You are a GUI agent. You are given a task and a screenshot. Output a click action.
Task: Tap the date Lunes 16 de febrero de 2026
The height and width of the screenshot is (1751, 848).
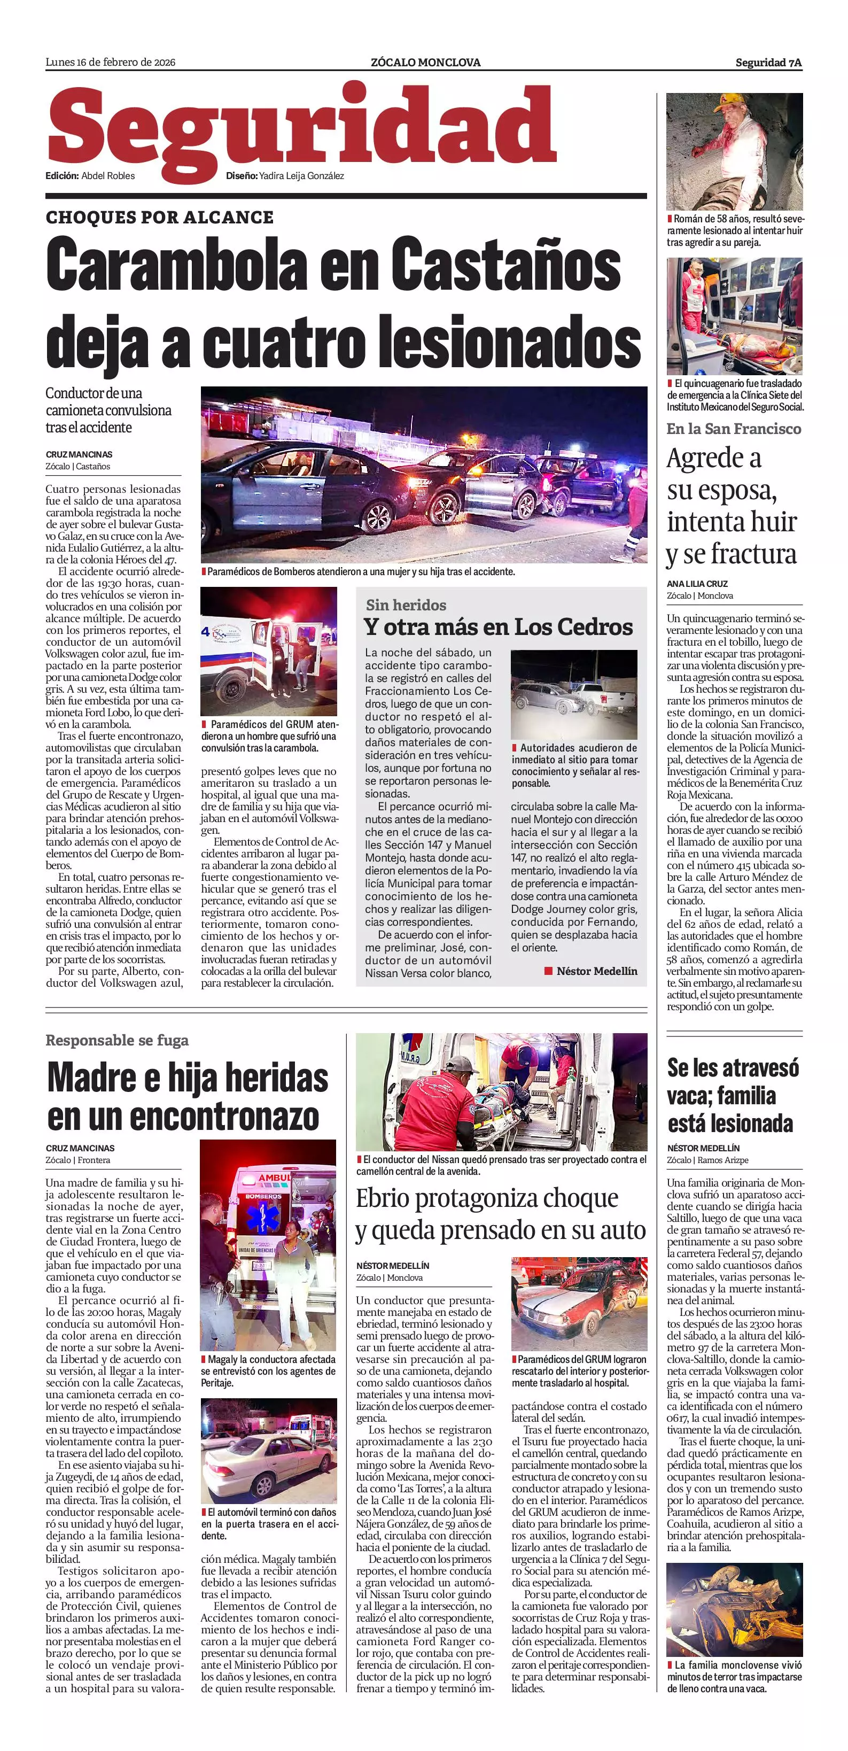(110, 63)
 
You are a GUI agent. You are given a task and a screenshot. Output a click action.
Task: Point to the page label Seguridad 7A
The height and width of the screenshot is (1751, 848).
(768, 63)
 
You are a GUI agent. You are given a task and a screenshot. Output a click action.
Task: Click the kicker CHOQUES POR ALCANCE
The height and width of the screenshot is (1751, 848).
(160, 218)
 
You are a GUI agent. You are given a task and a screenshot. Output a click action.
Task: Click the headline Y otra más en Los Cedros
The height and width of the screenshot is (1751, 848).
(498, 627)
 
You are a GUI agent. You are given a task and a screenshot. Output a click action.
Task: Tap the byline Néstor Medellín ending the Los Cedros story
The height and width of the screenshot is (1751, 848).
(596, 971)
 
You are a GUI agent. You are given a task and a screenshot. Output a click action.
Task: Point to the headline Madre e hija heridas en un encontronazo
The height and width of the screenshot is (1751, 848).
(188, 1096)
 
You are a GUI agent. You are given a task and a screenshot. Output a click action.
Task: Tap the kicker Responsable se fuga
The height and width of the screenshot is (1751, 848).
(117, 1040)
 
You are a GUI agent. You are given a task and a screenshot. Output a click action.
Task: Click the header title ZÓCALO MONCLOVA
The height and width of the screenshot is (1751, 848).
(425, 63)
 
